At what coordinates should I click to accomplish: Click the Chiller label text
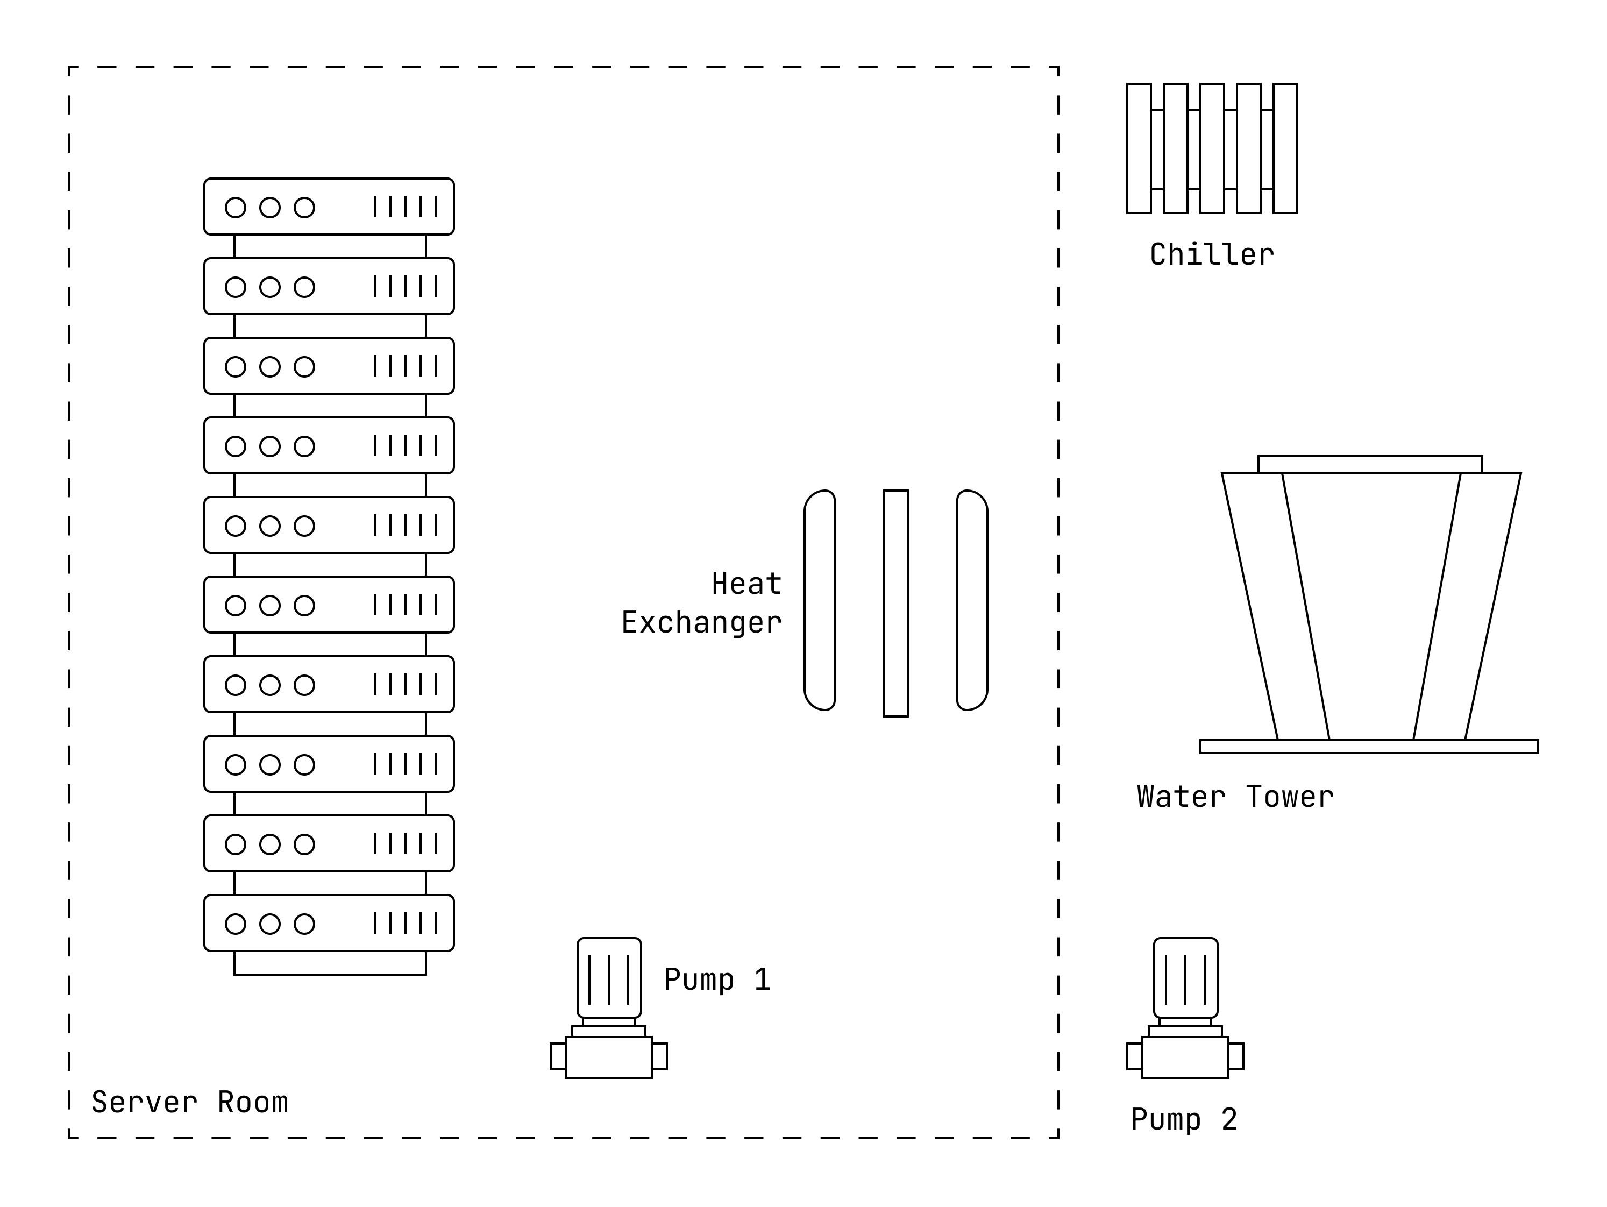pos(1211,255)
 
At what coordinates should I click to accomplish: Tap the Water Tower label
pos(1235,797)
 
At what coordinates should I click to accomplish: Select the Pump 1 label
pos(716,979)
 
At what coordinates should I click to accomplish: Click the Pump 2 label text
pos(1183,1119)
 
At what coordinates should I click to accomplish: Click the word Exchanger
pos(701,623)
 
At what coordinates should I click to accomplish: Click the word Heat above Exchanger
pos(746,584)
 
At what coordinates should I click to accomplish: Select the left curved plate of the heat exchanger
pos(820,600)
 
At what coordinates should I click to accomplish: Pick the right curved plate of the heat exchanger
pos(972,600)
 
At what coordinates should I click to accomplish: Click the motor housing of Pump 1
pos(609,977)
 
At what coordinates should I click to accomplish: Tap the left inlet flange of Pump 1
pos(557,1056)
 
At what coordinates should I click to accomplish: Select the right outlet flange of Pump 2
pos(1236,1056)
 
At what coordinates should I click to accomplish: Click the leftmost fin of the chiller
pos(1139,148)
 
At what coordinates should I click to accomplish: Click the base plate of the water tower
pos(1369,746)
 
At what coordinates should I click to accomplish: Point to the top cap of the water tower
pos(1369,464)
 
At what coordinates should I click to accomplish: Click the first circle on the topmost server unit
pos(236,208)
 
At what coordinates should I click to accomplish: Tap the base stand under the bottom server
pos(330,963)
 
